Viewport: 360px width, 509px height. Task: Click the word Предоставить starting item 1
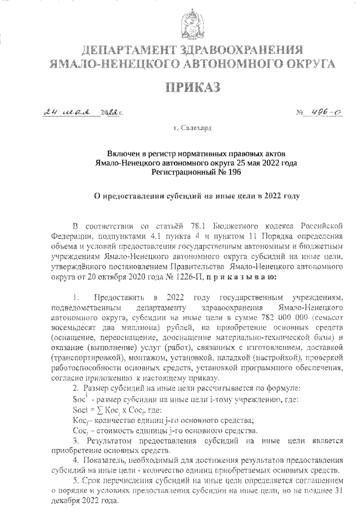[x=120, y=297]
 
